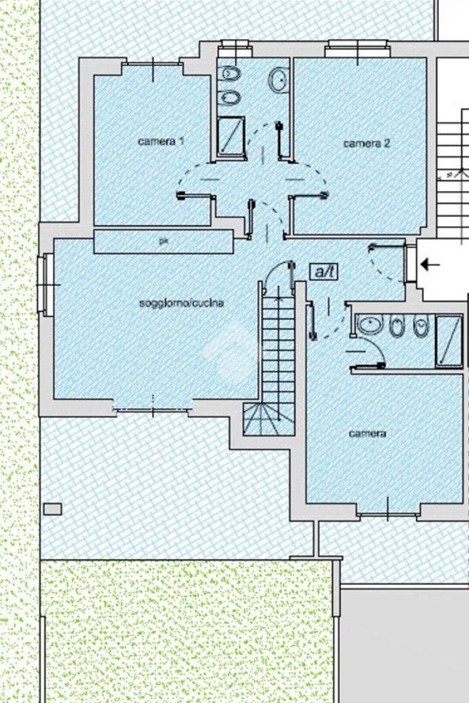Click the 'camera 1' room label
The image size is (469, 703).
161,142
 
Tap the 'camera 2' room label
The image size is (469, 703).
367,144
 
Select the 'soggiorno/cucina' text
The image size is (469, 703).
181,303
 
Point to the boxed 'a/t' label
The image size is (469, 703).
324,272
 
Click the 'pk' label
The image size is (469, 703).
163,241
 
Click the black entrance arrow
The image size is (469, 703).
430,264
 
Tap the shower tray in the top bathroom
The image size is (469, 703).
231,137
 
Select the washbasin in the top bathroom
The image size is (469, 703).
278,80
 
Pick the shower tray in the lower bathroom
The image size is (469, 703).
448,340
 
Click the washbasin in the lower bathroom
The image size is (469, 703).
371,325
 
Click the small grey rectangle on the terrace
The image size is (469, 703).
52,509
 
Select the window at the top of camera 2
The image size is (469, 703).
357,48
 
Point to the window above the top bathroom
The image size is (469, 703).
235,48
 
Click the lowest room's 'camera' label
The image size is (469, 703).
367,434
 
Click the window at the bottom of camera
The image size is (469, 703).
388,513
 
